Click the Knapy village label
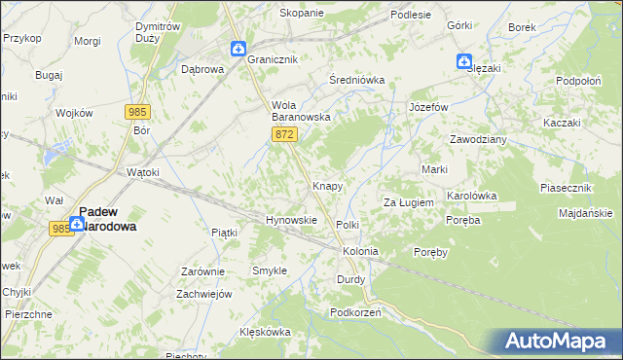(x=326, y=185)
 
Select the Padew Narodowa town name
(x=107, y=218)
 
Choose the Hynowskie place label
(x=292, y=220)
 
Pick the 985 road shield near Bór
(x=136, y=112)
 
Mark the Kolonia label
(x=359, y=251)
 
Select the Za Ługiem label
(x=407, y=202)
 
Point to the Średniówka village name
(x=357, y=80)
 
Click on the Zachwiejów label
(x=203, y=294)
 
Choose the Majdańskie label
(x=586, y=213)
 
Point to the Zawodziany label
(x=478, y=139)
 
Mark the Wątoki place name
(x=143, y=172)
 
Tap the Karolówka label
(x=471, y=196)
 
